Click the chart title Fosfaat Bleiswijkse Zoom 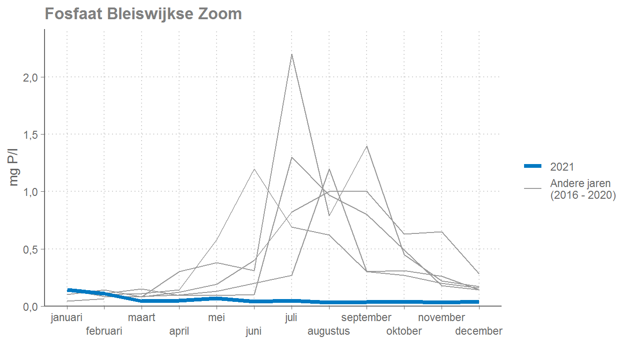click(x=143, y=14)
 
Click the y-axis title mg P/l click(x=15, y=168)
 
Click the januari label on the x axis click(x=67, y=318)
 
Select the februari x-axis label click(x=104, y=331)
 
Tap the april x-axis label click(x=179, y=331)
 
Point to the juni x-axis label click(x=254, y=331)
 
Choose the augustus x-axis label click(x=329, y=331)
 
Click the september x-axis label click(x=366, y=318)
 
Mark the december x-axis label click(x=479, y=331)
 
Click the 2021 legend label click(x=562, y=166)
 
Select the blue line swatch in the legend click(x=532, y=166)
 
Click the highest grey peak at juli click(x=292, y=54)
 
